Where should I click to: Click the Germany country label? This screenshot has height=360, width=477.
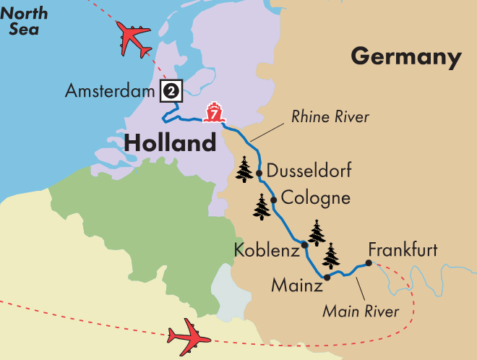pos(405,56)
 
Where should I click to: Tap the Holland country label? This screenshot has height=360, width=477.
pos(170,142)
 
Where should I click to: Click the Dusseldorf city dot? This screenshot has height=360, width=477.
pos(259,172)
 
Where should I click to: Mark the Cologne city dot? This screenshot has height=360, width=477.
pos(273,199)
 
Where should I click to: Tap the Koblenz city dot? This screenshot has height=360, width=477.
pos(304,244)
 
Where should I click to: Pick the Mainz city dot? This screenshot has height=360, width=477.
pos(327,277)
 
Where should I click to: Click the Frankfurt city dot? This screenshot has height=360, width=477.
pos(368,264)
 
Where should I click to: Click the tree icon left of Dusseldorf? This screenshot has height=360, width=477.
pos(245,171)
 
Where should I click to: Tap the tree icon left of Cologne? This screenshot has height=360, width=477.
pos(262,207)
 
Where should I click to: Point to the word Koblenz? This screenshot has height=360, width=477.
pos(266,251)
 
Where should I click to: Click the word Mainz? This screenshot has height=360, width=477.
pos(296,286)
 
